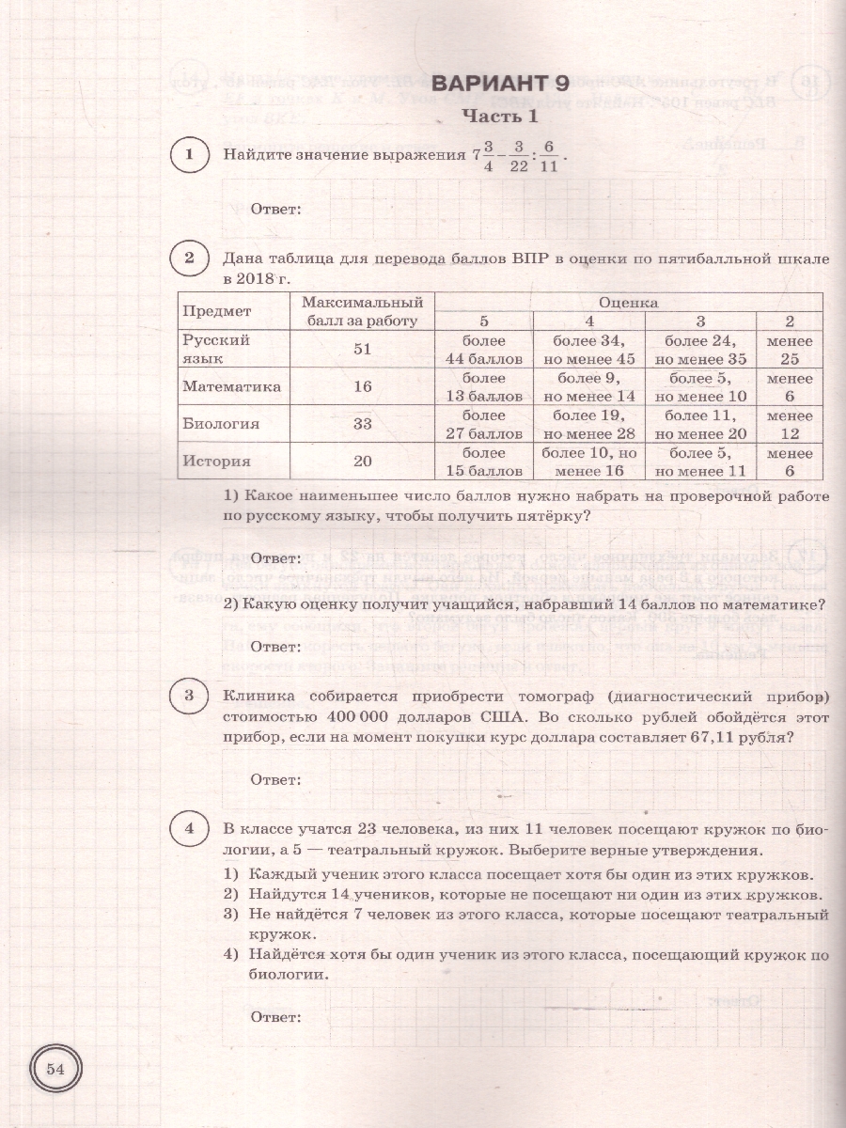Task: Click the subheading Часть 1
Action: click(x=499, y=117)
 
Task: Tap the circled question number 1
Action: click(x=190, y=155)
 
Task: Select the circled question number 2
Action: click(x=190, y=258)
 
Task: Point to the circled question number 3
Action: click(x=190, y=696)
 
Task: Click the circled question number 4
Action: click(x=190, y=828)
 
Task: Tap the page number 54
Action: click(x=55, y=1069)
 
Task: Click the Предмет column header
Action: click(x=217, y=311)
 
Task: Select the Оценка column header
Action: click(x=628, y=302)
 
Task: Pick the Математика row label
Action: click(x=232, y=386)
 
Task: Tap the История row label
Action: click(x=216, y=462)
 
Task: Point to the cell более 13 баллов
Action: click(x=485, y=386)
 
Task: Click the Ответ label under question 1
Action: click(x=275, y=209)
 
